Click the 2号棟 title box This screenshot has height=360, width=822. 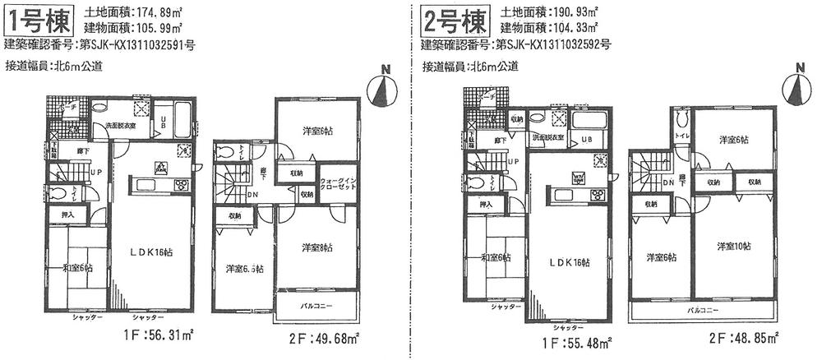[448, 20]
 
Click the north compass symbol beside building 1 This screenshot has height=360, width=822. [382, 88]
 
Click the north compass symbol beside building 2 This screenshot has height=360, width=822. [797, 86]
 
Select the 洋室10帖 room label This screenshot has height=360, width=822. [733, 246]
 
